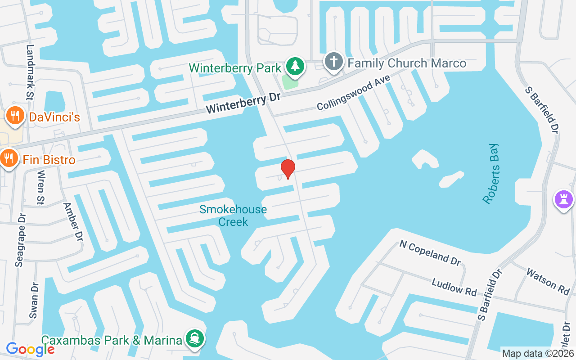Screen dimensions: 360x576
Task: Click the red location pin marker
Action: click(x=288, y=169)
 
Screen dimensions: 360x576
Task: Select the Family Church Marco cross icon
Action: click(x=333, y=63)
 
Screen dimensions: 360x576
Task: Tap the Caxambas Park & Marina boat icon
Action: click(x=195, y=339)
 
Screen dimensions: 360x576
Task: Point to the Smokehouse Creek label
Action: click(x=233, y=216)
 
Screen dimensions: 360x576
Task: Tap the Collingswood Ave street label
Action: click(x=353, y=93)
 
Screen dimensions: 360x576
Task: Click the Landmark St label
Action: click(x=30, y=72)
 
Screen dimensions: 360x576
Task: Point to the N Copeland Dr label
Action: click(x=430, y=252)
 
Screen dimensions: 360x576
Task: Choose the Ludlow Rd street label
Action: click(x=454, y=287)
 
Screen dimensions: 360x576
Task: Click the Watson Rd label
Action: click(x=548, y=282)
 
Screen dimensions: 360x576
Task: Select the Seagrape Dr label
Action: click(x=20, y=240)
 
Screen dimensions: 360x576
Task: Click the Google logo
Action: click(x=30, y=349)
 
